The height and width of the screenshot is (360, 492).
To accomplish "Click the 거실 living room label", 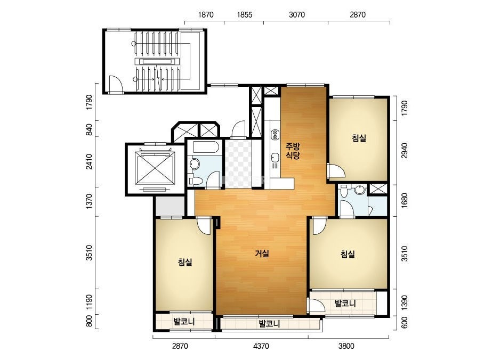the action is pyautogui.click(x=262, y=253).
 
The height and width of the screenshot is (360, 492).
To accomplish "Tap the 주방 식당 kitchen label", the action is pyautogui.click(x=293, y=151).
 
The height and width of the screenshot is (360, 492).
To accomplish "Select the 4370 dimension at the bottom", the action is pyautogui.click(x=261, y=346).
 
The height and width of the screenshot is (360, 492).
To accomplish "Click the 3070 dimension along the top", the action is pyautogui.click(x=296, y=15).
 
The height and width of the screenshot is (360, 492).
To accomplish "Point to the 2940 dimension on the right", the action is pyautogui.click(x=405, y=150).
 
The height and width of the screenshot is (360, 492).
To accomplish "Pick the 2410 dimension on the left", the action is pyautogui.click(x=89, y=162).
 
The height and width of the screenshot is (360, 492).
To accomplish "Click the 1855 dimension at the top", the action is pyautogui.click(x=244, y=15).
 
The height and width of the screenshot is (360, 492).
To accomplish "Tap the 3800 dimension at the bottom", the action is pyautogui.click(x=346, y=346).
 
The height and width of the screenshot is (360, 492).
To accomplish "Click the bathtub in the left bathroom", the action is pyautogui.click(x=205, y=147).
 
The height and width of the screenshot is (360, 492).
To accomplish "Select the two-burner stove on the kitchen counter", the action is pyautogui.click(x=275, y=134).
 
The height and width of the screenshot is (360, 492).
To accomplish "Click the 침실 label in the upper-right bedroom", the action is pyautogui.click(x=359, y=138).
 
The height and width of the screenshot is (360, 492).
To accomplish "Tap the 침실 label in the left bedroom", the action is pyautogui.click(x=185, y=262).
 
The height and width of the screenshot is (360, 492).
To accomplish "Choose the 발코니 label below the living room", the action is pyautogui.click(x=269, y=323).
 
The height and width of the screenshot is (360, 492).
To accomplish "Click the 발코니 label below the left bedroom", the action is pyautogui.click(x=184, y=322).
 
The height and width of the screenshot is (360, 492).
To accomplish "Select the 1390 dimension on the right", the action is pyautogui.click(x=405, y=302).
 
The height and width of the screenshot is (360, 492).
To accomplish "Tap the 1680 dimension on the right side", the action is pyautogui.click(x=405, y=200).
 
